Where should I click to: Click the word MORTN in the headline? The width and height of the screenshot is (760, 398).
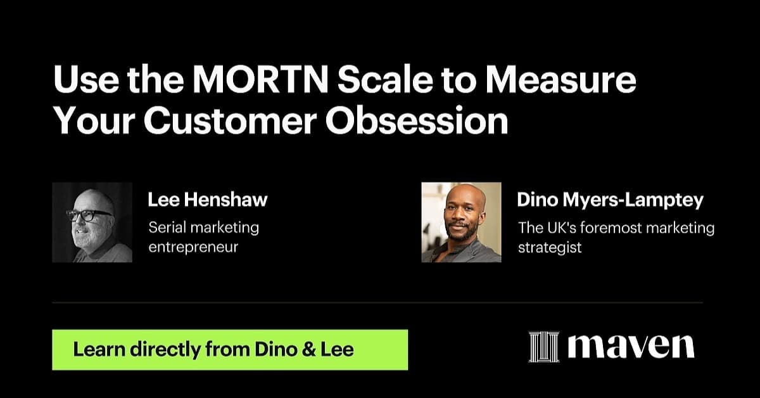(260, 79)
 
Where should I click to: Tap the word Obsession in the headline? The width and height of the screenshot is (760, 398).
(417, 121)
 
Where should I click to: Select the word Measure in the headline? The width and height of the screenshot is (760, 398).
(561, 79)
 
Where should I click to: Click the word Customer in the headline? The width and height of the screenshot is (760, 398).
(230, 121)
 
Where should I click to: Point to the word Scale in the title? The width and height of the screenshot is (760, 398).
(385, 79)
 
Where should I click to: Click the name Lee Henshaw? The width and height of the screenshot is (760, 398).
(208, 200)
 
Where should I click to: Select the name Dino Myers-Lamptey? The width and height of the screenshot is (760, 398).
(611, 200)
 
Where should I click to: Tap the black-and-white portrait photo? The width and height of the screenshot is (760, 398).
(92, 222)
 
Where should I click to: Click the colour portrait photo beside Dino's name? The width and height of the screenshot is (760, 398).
(462, 222)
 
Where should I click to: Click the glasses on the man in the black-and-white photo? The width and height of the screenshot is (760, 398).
(88, 215)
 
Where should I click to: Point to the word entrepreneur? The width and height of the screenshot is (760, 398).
(193, 248)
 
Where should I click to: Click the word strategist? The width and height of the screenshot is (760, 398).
(550, 247)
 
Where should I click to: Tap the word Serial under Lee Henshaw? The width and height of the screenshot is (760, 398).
(167, 228)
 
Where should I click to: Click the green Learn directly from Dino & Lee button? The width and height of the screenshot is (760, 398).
(230, 350)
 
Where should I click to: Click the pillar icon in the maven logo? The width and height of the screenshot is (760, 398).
(544, 347)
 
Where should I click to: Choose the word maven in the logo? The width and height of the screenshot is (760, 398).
(631, 347)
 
